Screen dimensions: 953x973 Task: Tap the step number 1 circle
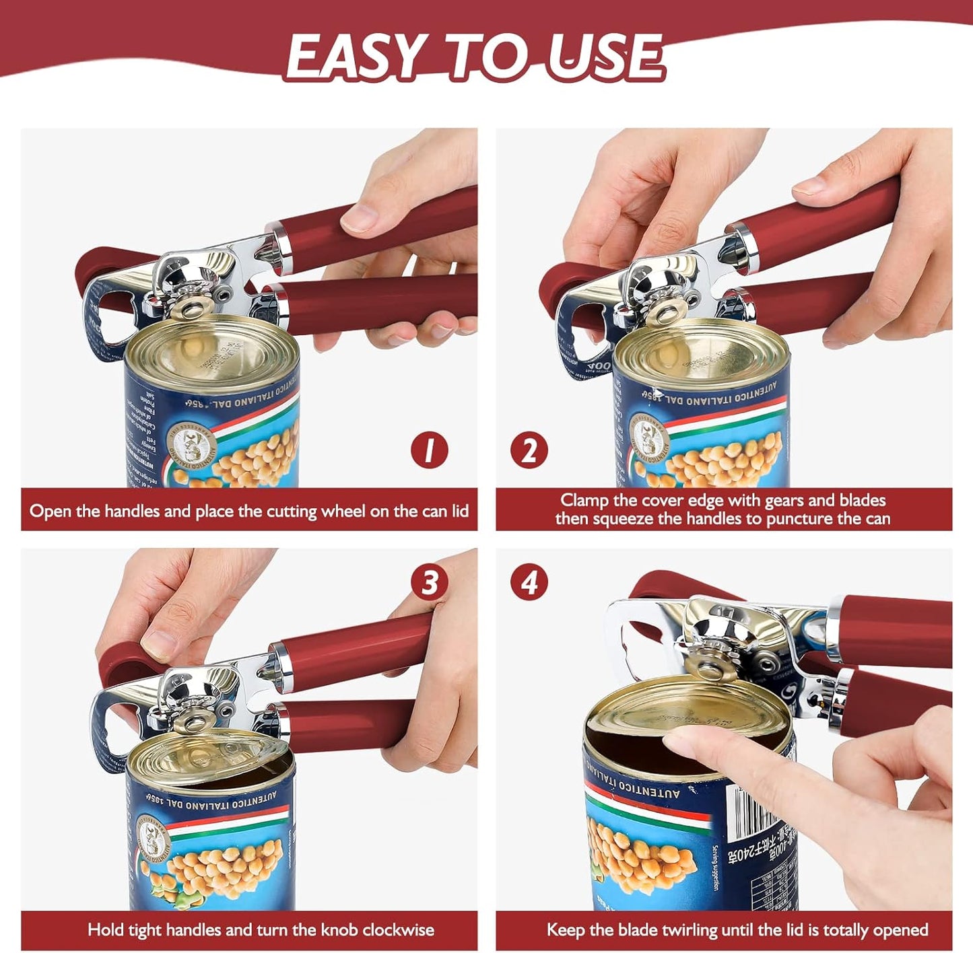[430, 450]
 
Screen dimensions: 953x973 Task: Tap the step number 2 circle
[529, 450]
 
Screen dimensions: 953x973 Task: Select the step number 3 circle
[430, 583]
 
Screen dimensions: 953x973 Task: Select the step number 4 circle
[529, 583]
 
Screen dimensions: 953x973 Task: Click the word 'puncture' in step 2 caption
[799, 519]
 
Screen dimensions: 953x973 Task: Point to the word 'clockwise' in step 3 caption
[398, 930]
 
